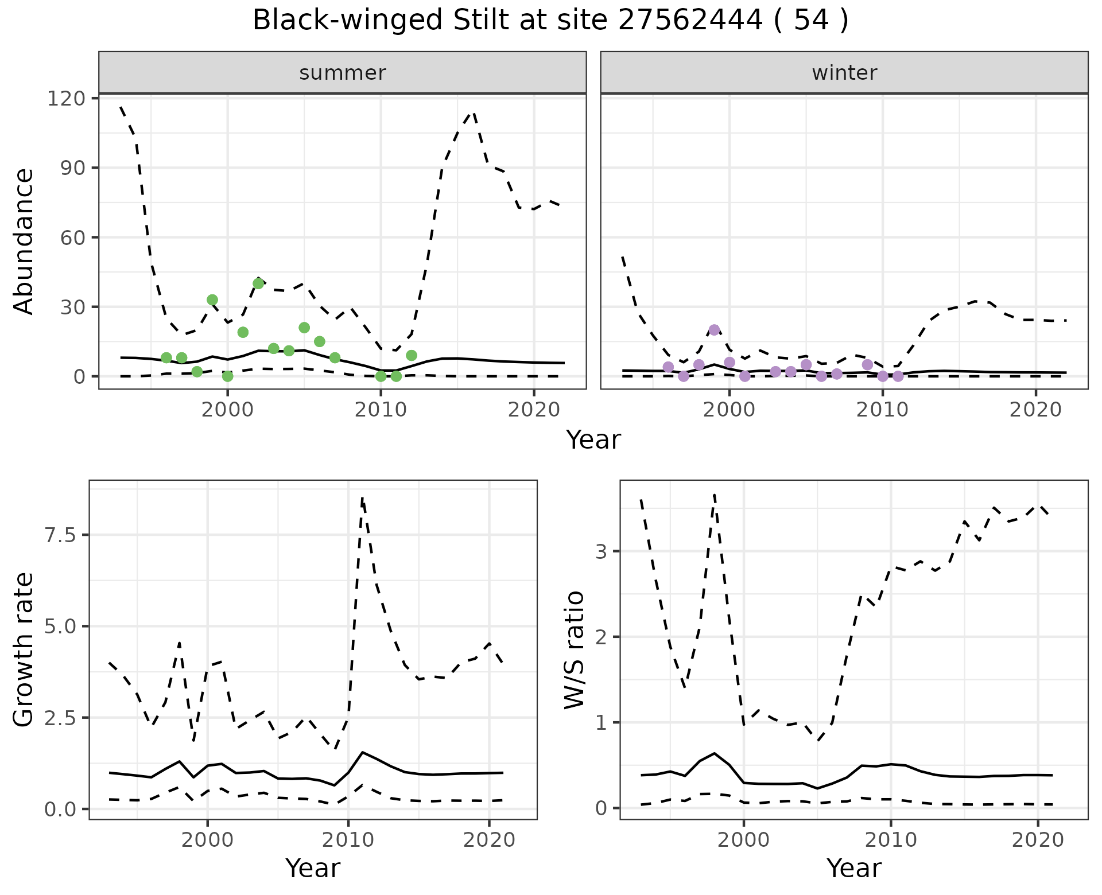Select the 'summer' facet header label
343,73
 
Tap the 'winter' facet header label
844,73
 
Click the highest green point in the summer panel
258,283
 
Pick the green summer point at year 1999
212,300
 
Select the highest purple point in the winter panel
714,330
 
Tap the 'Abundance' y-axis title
24,241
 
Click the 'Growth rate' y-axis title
24,649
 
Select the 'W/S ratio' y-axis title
574,649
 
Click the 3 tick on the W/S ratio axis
600,551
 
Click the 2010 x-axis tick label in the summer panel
381,410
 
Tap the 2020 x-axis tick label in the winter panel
1036,410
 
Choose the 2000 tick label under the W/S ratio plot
744,840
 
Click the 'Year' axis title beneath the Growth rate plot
313,868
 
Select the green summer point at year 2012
412,356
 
